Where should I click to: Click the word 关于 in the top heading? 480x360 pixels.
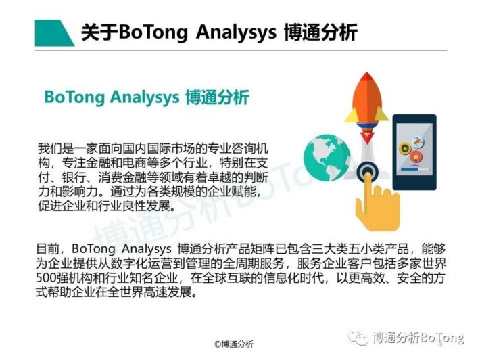point(99,32)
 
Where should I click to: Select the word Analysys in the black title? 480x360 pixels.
point(236,32)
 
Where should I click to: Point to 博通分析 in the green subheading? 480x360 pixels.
point(217,97)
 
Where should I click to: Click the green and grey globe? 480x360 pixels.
point(327,158)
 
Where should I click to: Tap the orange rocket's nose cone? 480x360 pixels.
point(366,89)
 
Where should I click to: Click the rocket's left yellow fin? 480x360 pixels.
point(352,115)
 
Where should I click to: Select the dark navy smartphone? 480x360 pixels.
point(414,152)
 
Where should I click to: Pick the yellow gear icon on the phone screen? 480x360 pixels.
point(405,149)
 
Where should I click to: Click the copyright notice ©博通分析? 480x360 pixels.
point(234,344)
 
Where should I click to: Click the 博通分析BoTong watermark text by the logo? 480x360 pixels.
point(418,338)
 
